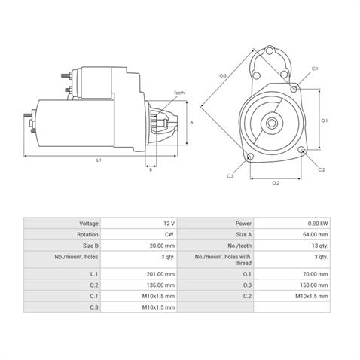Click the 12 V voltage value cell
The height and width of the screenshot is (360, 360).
click(x=166, y=224)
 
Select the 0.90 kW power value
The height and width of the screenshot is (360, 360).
click(x=317, y=224)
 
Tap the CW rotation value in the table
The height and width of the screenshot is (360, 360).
click(x=167, y=234)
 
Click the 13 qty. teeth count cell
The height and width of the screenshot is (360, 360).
click(x=317, y=245)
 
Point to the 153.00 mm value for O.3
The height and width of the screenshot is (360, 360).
click(x=314, y=286)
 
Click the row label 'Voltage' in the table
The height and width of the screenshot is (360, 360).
click(x=89, y=224)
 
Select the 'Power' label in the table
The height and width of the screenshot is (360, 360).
click(x=243, y=224)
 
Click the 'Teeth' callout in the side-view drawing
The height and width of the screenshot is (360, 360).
click(x=178, y=93)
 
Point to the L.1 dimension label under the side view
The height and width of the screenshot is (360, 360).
click(x=99, y=160)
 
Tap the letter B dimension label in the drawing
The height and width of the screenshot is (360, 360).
click(x=151, y=170)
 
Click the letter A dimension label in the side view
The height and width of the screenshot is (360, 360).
click(x=192, y=121)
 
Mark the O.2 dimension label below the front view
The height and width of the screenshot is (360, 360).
click(x=275, y=183)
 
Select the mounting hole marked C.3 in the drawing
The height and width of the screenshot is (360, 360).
click(x=249, y=157)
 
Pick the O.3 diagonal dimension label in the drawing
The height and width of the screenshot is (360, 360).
click(x=223, y=76)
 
